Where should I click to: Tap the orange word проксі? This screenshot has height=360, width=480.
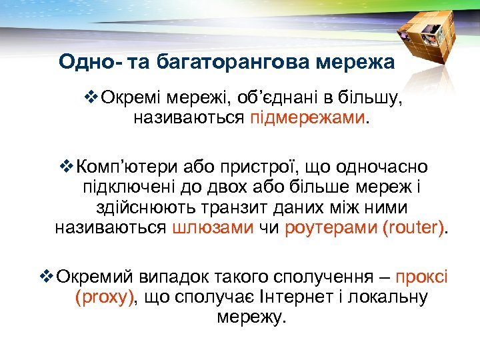(422, 277)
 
